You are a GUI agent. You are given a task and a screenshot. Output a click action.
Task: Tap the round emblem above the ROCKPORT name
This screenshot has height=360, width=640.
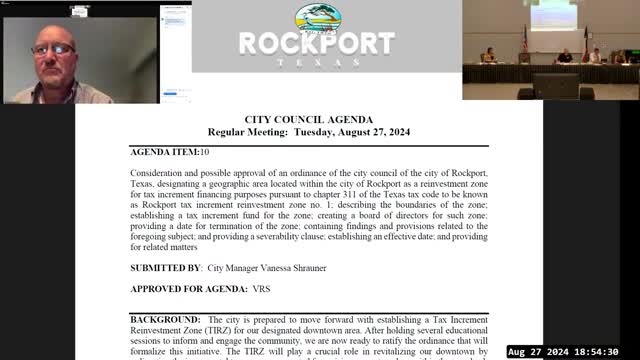coord(316,18)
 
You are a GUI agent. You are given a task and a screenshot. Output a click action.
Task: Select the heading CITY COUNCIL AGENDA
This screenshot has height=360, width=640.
coord(308,119)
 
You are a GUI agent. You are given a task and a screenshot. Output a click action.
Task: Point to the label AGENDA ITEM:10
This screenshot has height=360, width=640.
coord(170,152)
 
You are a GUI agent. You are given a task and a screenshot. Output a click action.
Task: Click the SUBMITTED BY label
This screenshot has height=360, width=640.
coord(166,269)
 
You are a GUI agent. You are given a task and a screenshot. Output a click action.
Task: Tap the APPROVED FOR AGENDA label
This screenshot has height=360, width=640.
coord(189,289)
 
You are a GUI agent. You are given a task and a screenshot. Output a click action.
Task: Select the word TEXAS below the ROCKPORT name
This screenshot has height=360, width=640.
coord(316,61)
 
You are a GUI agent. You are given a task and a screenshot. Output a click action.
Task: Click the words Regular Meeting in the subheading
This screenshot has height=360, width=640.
coord(247,132)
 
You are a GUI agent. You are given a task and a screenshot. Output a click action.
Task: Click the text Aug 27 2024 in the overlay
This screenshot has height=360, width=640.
coord(538,352)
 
